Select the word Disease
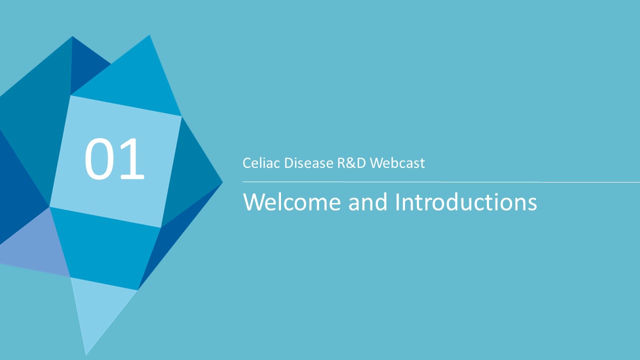(x=308, y=163)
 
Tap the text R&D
(x=351, y=163)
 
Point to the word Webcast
(x=397, y=163)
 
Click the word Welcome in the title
(x=291, y=201)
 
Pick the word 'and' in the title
(x=367, y=201)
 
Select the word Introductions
(x=466, y=201)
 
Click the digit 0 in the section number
(x=98, y=159)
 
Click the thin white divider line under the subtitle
(x=441, y=181)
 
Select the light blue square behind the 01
(x=115, y=161)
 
